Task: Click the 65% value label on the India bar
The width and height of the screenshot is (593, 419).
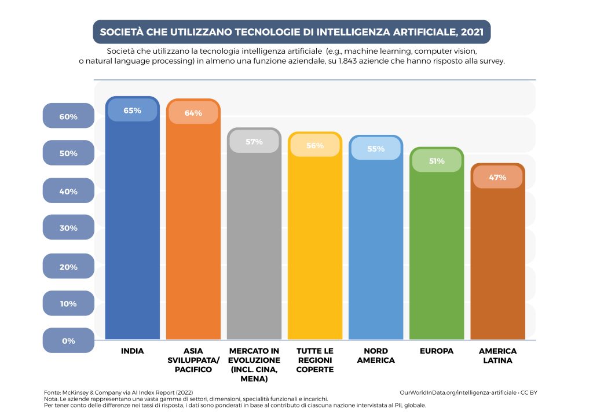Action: click(133, 111)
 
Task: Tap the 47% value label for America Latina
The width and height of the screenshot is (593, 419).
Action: click(497, 177)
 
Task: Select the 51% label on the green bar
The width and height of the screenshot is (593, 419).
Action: click(437, 161)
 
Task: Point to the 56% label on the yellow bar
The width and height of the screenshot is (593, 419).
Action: click(315, 146)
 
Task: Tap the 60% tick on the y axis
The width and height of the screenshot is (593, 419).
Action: click(68, 116)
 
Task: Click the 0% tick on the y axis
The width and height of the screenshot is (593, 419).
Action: click(68, 341)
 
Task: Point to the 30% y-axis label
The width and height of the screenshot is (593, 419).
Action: click(68, 228)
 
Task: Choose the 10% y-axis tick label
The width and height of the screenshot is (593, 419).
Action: click(68, 304)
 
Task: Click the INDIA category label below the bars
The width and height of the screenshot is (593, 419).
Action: click(132, 351)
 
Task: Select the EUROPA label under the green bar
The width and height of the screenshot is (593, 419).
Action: click(437, 351)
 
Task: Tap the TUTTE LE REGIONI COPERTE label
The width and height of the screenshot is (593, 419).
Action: click(315, 360)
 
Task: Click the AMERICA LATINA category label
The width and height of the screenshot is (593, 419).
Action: click(497, 355)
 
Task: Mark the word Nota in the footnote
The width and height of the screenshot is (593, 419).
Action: click(52, 399)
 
